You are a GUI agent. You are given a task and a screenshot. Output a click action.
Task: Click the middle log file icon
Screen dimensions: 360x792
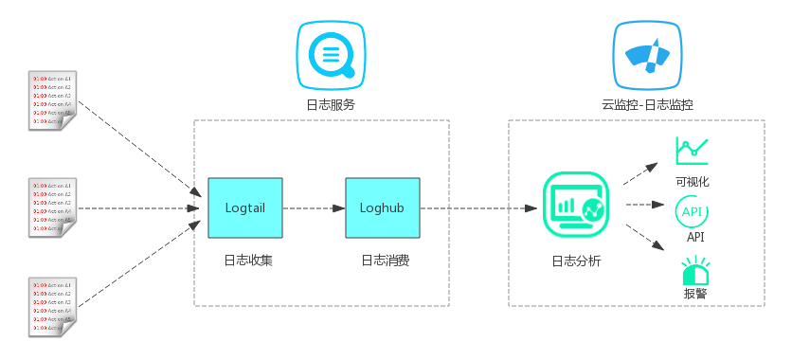(x=53, y=207)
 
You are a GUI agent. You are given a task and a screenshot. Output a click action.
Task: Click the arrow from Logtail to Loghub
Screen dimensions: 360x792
(x=314, y=207)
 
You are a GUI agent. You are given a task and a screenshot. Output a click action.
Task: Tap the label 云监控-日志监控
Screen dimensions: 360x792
(x=647, y=105)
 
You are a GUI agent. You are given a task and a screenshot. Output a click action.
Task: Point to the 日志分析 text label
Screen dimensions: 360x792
(x=576, y=261)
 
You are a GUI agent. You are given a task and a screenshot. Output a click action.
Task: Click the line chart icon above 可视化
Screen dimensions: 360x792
(x=693, y=151)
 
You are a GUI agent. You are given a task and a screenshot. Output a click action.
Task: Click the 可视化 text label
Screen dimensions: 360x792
(x=693, y=181)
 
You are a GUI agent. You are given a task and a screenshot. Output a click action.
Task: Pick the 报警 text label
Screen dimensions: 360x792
(x=694, y=294)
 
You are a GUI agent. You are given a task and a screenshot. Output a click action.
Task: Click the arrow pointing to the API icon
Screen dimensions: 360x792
(x=644, y=203)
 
